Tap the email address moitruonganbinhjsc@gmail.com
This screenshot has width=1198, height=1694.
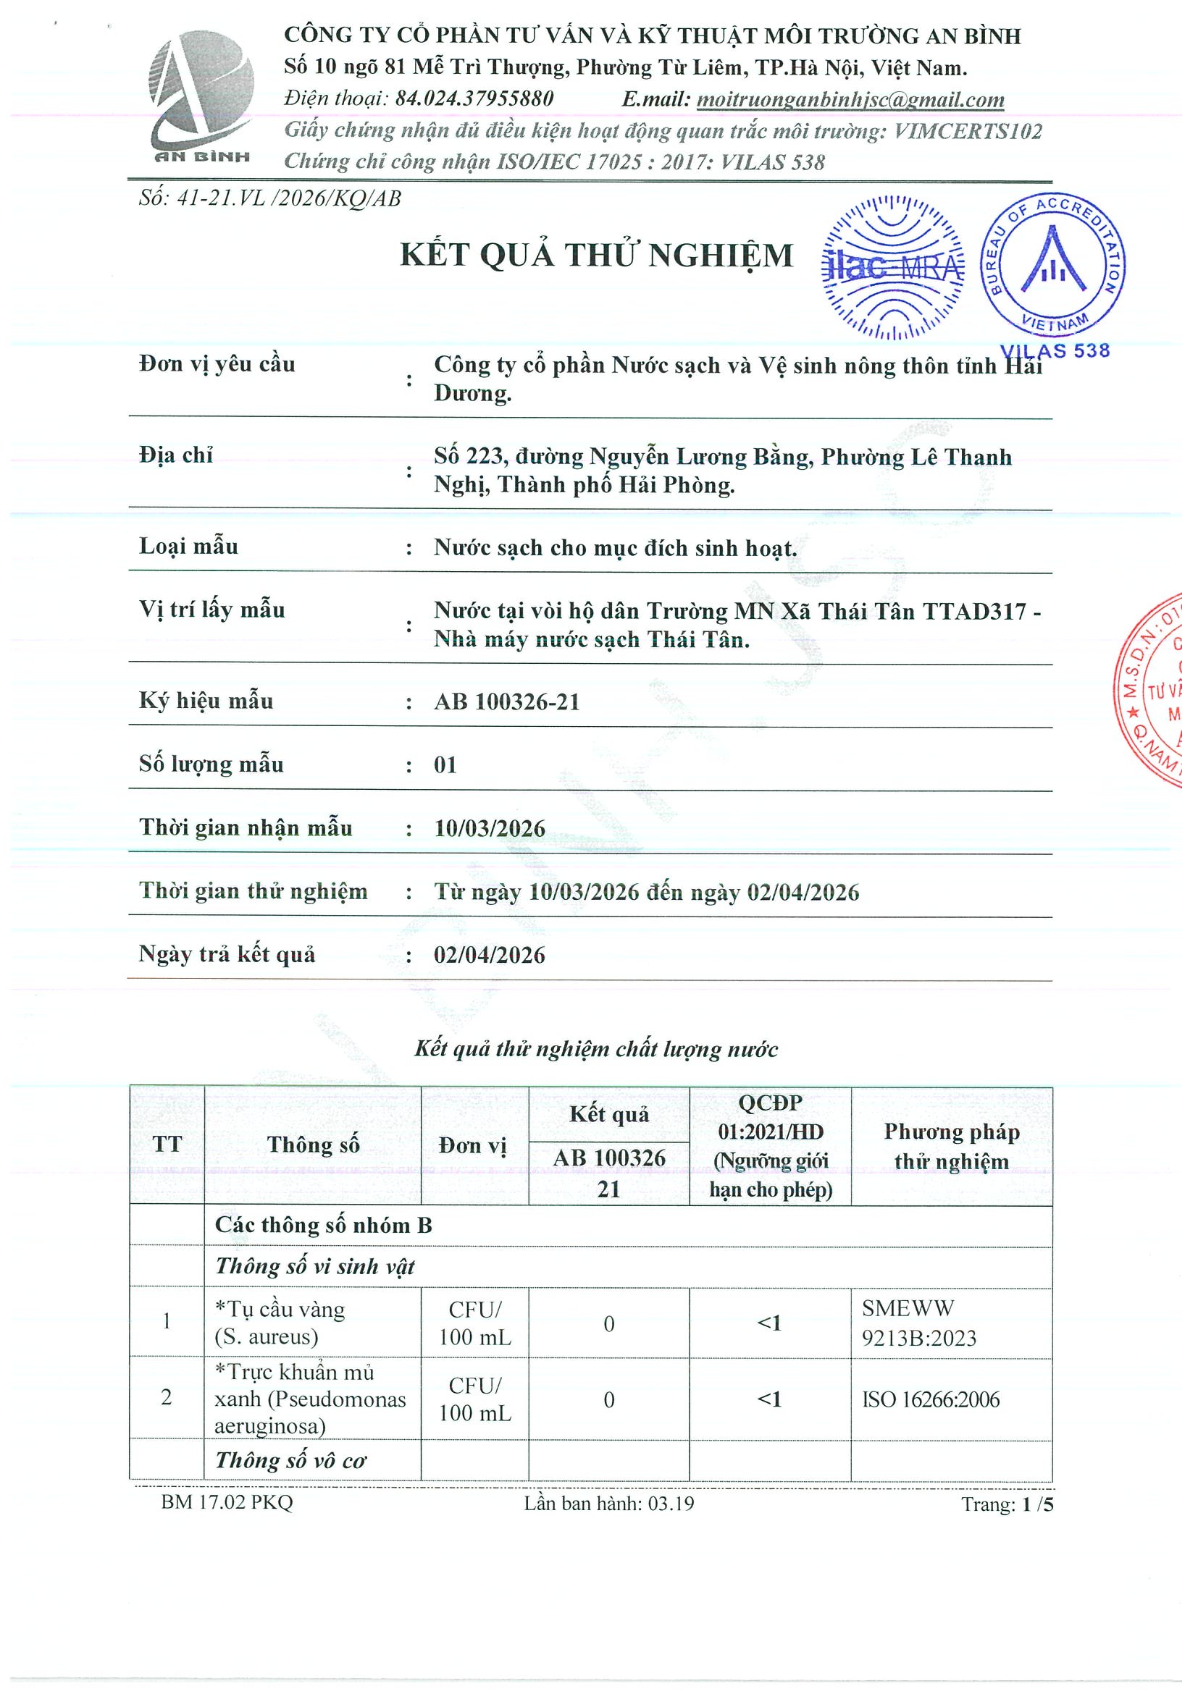coord(850,100)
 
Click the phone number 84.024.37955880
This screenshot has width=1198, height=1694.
coord(474,99)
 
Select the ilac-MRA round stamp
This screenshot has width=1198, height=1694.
coord(892,267)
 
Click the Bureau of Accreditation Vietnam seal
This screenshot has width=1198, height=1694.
coord(1052,267)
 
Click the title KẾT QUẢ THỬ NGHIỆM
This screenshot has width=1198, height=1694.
coord(595,256)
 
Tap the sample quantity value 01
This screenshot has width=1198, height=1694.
coord(445,765)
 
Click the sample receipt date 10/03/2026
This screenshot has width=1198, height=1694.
coord(490,829)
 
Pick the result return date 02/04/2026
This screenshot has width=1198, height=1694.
coord(490,956)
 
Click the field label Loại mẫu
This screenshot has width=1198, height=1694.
coord(189,547)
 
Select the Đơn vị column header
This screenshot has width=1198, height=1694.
coord(472,1146)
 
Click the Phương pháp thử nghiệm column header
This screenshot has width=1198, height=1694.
coord(952,1147)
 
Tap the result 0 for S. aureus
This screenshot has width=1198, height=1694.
coord(609,1324)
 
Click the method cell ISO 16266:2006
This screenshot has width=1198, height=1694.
coord(930,1399)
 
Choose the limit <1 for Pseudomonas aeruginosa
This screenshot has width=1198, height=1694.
coord(769,1399)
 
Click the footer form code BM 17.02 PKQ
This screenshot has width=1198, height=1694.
coord(227,1503)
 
